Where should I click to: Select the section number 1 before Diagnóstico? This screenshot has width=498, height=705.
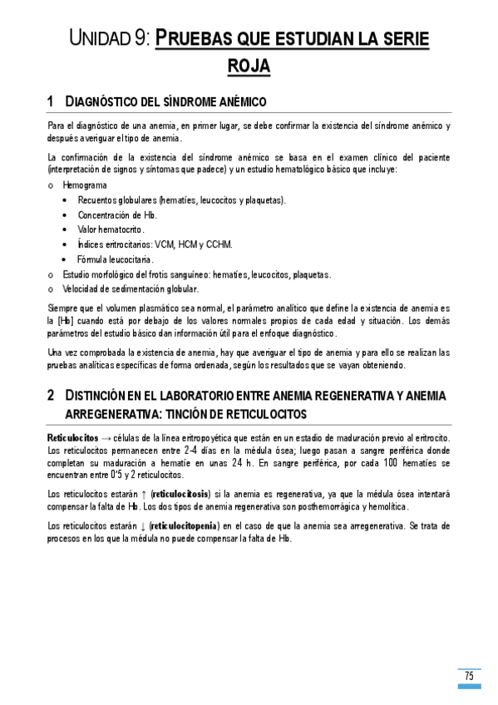pyautogui.click(x=52, y=101)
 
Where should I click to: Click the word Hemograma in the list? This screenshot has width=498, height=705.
pyautogui.click(x=84, y=185)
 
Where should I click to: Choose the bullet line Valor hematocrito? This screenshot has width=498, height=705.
pyautogui.click(x=111, y=229)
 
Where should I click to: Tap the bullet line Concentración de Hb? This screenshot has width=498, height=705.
pyautogui.click(x=117, y=214)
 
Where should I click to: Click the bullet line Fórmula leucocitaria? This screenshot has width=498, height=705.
pyautogui.click(x=116, y=259)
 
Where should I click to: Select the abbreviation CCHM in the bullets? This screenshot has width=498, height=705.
pyautogui.click(x=219, y=244)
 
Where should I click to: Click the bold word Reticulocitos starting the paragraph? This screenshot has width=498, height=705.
pyautogui.click(x=73, y=437)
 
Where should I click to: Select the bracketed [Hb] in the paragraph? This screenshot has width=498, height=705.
pyautogui.click(x=64, y=320)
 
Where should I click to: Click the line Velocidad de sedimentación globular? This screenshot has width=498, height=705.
pyautogui.click(x=131, y=289)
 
